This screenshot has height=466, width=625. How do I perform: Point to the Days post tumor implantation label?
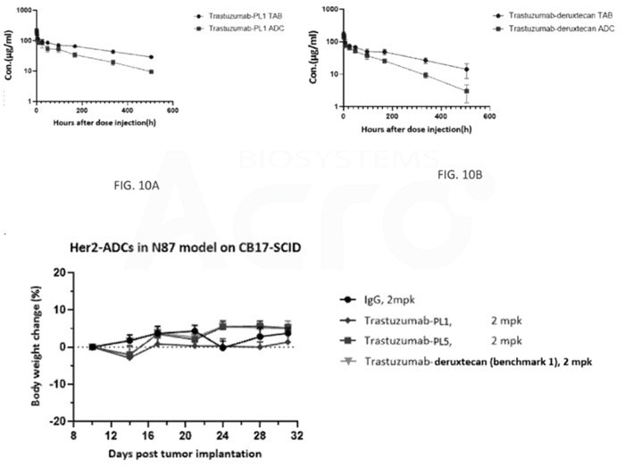(160, 454)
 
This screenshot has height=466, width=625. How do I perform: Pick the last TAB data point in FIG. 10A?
(152, 57)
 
